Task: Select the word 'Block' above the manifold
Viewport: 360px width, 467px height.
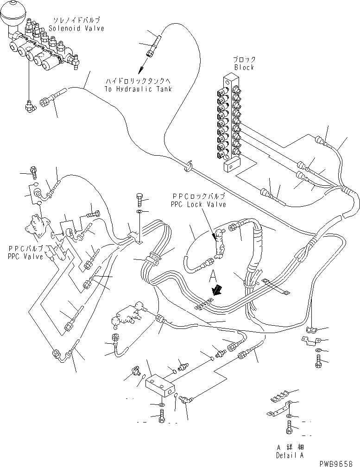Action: [x=244, y=67]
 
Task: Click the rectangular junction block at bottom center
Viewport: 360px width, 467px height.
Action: [x=160, y=385]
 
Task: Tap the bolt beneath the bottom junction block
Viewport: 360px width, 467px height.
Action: [x=161, y=418]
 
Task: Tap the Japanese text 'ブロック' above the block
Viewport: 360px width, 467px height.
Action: [x=245, y=60]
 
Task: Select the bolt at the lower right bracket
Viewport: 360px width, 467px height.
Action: [x=318, y=362]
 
